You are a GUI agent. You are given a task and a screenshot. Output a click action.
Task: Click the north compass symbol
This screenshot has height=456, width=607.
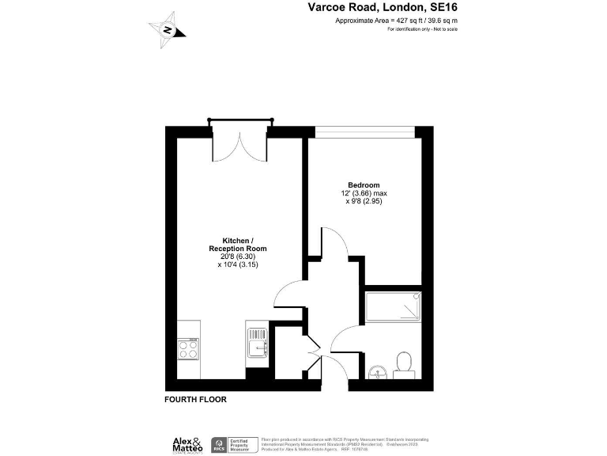coord(168,30)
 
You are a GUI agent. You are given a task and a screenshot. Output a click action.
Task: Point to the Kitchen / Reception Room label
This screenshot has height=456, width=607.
coord(237,245)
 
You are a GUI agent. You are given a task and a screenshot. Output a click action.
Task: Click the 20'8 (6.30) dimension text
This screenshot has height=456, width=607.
coord(237,256)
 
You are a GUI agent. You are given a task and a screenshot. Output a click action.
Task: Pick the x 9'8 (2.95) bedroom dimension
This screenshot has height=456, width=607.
coord(364,202)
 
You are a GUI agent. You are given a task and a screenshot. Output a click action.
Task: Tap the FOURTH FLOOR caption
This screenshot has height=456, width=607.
coord(195,400)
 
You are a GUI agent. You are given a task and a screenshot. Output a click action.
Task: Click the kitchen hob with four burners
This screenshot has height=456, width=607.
coord(189,349)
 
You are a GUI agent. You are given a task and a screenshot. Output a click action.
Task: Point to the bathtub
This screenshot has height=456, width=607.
coord(394,308)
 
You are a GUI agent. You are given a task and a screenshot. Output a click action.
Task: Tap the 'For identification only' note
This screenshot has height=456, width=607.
coord(422,29)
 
